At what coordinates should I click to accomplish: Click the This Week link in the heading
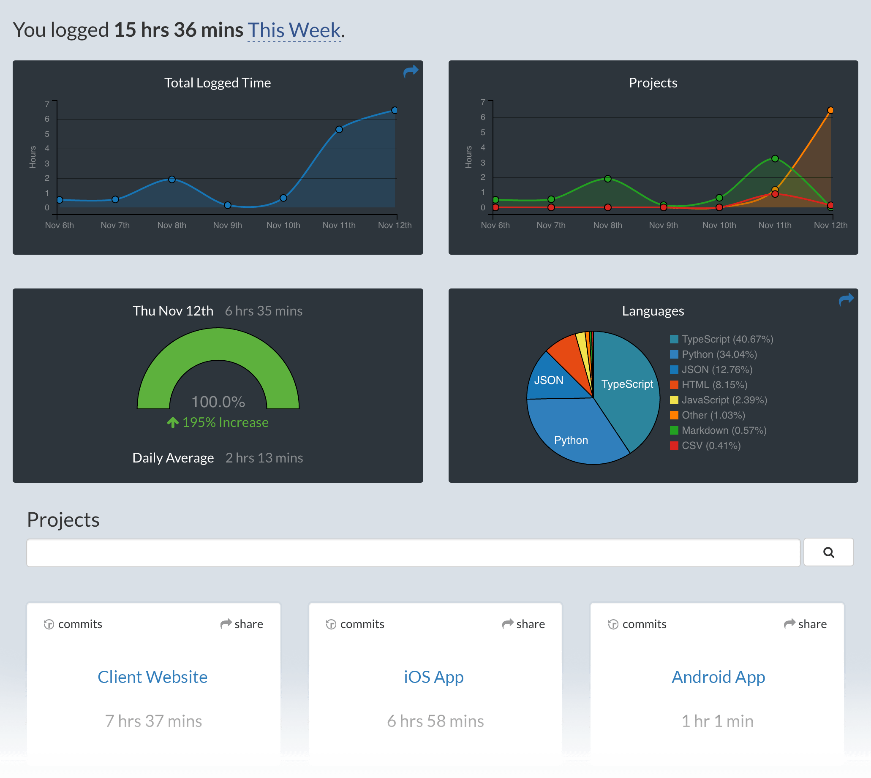pyautogui.click(x=294, y=30)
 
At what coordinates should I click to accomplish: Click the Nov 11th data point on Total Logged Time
pyautogui.click(x=339, y=130)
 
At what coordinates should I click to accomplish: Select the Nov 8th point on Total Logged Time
pyautogui.click(x=172, y=180)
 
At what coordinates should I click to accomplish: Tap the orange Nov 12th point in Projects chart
pyautogui.click(x=830, y=110)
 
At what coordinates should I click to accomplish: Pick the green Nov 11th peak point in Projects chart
pyautogui.click(x=775, y=158)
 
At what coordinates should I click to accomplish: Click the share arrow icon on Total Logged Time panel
pyautogui.click(x=411, y=71)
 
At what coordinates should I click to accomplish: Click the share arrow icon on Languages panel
pyautogui.click(x=846, y=299)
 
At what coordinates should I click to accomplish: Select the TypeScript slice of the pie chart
pyautogui.click(x=627, y=384)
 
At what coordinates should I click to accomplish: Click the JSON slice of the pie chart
pyautogui.click(x=549, y=380)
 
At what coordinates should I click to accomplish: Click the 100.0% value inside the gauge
pyautogui.click(x=218, y=402)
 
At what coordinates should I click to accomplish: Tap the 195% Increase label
pyautogui.click(x=218, y=422)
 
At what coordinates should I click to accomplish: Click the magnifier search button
pyautogui.click(x=828, y=552)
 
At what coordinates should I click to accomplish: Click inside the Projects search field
pyautogui.click(x=413, y=553)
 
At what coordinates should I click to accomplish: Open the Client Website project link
pyautogui.click(x=152, y=677)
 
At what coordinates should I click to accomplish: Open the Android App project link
pyautogui.click(x=718, y=677)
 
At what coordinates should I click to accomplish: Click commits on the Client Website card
pyautogui.click(x=73, y=624)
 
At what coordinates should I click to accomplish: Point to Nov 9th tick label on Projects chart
pyautogui.click(x=663, y=225)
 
